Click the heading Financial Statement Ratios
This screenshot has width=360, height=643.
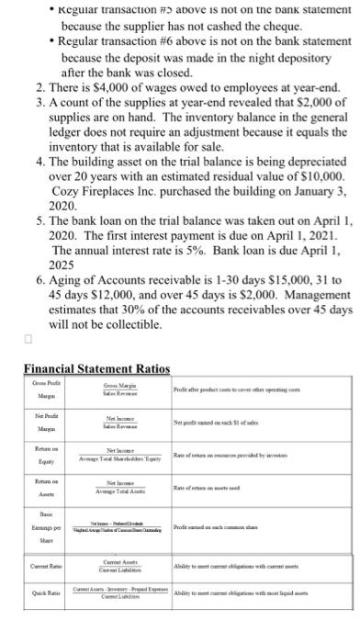pyautogui.click(x=97, y=368)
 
